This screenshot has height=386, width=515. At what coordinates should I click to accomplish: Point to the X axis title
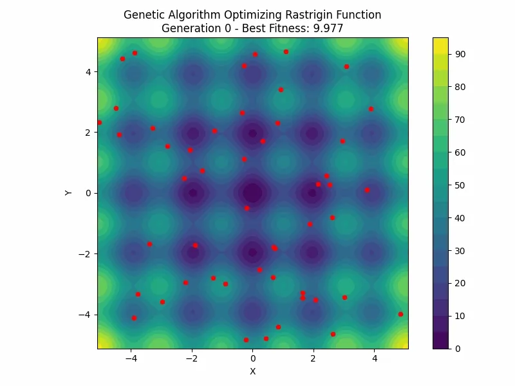[252, 371]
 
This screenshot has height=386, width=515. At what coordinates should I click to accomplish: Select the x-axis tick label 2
[314, 358]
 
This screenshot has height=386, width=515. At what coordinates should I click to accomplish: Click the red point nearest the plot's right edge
[400, 314]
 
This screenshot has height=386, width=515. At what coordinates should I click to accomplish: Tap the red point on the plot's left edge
[99, 122]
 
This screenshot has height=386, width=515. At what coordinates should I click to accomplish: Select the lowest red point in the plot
[246, 340]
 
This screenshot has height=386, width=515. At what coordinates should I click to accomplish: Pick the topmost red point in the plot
[286, 51]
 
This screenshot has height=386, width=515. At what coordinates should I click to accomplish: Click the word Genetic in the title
[144, 15]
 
